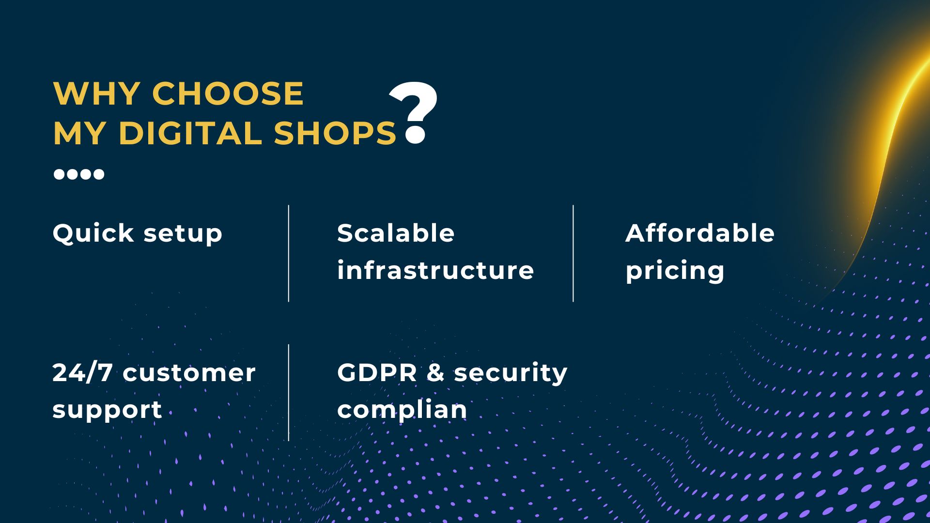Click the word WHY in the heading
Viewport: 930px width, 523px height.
coord(97,93)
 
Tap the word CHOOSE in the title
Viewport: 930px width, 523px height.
coord(228,93)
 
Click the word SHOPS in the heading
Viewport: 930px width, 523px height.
coord(335,133)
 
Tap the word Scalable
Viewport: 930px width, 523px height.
coord(396,233)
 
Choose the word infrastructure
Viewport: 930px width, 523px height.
coord(435,270)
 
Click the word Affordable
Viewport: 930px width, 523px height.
coord(700,233)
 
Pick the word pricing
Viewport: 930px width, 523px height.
coord(675,272)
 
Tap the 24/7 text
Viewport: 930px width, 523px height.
coord(82,372)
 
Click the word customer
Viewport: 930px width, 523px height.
coord(189,373)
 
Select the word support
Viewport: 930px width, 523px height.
coord(107,411)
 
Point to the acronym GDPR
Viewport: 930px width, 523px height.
coord(377,372)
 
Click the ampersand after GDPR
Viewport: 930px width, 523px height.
coord(435,372)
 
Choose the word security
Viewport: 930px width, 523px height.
coord(511,373)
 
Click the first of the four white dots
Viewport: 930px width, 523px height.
coord(59,174)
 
